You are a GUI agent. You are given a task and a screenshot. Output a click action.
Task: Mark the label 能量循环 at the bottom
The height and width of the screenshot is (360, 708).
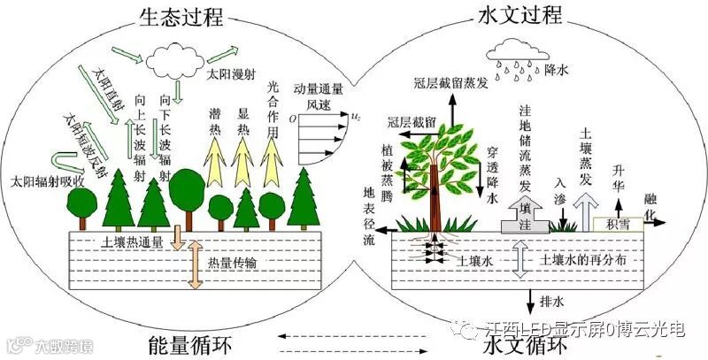point(196,341)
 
